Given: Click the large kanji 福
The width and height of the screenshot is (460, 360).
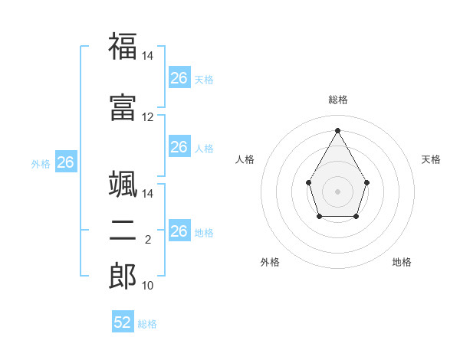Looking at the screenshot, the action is coord(123,46).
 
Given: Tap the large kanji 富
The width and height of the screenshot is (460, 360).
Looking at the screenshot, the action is coord(123,107).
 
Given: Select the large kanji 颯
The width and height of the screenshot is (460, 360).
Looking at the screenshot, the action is coord(123,184).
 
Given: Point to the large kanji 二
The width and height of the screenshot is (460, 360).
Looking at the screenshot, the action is coord(123,231).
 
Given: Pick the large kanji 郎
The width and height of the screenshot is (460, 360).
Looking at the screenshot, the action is coord(123,276).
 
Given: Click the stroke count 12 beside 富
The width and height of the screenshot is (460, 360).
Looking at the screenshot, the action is coord(147,117).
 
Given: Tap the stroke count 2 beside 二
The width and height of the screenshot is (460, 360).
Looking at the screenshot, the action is coord(148,240).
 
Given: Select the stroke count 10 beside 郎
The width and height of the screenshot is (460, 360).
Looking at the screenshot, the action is coord(147,286).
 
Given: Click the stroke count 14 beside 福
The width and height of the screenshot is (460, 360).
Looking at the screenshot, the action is coord(147,56).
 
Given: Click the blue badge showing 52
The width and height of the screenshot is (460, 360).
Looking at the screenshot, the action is coord(123,321).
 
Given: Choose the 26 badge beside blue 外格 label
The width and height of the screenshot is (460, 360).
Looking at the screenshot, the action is coord(66,162).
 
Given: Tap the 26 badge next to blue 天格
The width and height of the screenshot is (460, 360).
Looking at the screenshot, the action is coord(179,77).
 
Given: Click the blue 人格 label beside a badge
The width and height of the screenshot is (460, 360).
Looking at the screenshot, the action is coord(204,149).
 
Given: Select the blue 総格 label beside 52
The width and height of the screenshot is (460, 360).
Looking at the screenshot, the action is coord(147,324).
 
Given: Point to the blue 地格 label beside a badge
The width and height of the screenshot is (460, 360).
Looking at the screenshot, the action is coord(204,233).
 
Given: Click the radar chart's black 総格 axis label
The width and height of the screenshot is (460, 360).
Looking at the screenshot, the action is coord(338,100).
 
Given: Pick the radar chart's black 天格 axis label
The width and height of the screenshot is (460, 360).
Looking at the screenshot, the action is coord(431,159).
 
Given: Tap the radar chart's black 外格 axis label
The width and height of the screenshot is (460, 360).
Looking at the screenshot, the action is coord(270,262).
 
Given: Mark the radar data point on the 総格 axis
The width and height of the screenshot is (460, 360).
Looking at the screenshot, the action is coord(337,130).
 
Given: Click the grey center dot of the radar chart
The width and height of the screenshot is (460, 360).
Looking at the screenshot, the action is coord(337,191).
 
